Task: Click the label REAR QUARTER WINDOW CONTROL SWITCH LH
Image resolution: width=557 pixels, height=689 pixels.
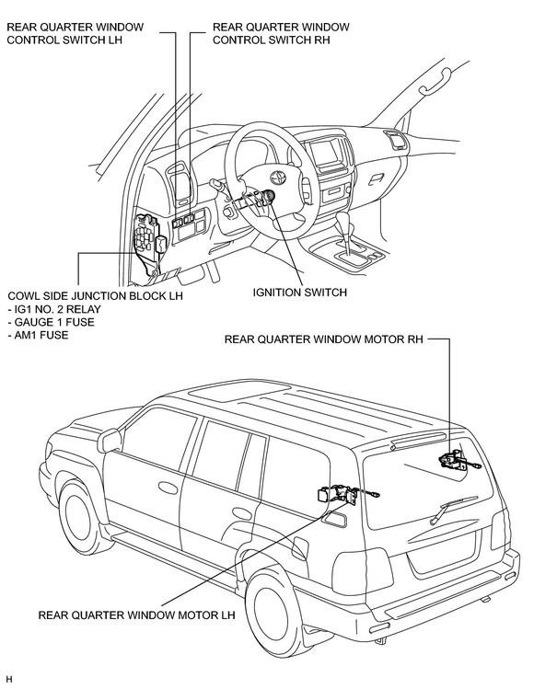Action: point(75,33)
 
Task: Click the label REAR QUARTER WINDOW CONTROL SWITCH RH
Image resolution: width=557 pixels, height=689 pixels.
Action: point(281,33)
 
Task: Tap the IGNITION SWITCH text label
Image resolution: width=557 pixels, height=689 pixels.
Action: point(300,293)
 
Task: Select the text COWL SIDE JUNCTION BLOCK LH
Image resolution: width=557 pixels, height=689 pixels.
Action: point(95,295)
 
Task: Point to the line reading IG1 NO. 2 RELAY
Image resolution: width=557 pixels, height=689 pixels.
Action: point(54,309)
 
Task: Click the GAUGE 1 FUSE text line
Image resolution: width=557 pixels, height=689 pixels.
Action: point(51,322)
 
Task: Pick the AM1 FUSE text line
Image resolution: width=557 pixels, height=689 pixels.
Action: point(39,335)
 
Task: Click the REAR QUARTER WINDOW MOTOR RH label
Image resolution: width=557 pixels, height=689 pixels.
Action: point(323,339)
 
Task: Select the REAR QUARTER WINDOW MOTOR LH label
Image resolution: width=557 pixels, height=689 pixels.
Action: point(137,614)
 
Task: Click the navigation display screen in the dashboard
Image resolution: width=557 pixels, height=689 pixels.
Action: point(325,152)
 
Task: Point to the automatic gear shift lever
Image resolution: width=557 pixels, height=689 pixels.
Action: point(346,233)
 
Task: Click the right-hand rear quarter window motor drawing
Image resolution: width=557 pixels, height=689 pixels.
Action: point(458,461)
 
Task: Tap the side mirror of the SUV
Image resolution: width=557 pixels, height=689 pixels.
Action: point(110,440)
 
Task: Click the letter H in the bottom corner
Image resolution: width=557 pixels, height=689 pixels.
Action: point(9,680)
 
